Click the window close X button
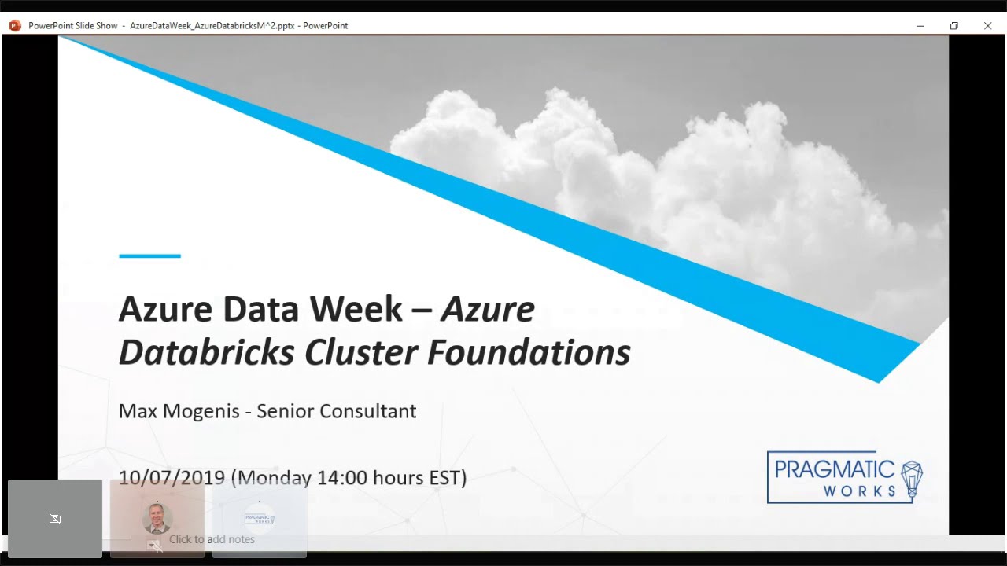(987, 26)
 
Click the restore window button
(954, 26)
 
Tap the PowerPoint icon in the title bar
(15, 26)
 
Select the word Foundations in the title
(529, 353)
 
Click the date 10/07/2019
(172, 477)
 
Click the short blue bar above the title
(149, 255)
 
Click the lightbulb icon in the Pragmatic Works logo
(911, 477)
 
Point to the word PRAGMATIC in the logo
(834, 470)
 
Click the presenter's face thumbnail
(157, 518)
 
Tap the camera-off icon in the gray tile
(55, 519)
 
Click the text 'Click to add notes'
(212, 539)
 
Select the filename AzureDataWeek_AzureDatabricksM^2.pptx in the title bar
(212, 26)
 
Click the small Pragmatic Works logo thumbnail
(259, 519)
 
